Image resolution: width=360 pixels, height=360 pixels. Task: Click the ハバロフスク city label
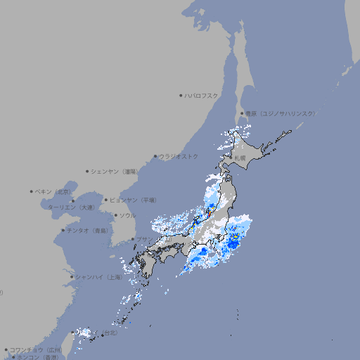[x=202, y=95]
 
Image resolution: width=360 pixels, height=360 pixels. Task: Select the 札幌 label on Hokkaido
[x=240, y=157]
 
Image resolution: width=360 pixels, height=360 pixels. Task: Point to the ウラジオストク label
[x=179, y=156]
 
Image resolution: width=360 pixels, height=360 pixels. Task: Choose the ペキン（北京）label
[x=53, y=191]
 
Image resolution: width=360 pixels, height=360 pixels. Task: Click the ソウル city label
[x=127, y=215]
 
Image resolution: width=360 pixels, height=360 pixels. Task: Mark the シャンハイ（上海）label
[x=98, y=277]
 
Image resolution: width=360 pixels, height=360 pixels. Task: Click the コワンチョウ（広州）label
[x=35, y=349]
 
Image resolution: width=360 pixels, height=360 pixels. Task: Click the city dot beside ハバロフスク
[x=181, y=95]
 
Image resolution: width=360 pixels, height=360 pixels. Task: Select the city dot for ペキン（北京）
[x=32, y=191]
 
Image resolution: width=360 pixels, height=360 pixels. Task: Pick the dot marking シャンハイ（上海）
[x=72, y=277]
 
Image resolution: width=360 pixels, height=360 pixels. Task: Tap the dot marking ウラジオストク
[x=155, y=156]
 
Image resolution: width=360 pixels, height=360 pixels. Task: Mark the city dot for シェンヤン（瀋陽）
[x=87, y=171]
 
